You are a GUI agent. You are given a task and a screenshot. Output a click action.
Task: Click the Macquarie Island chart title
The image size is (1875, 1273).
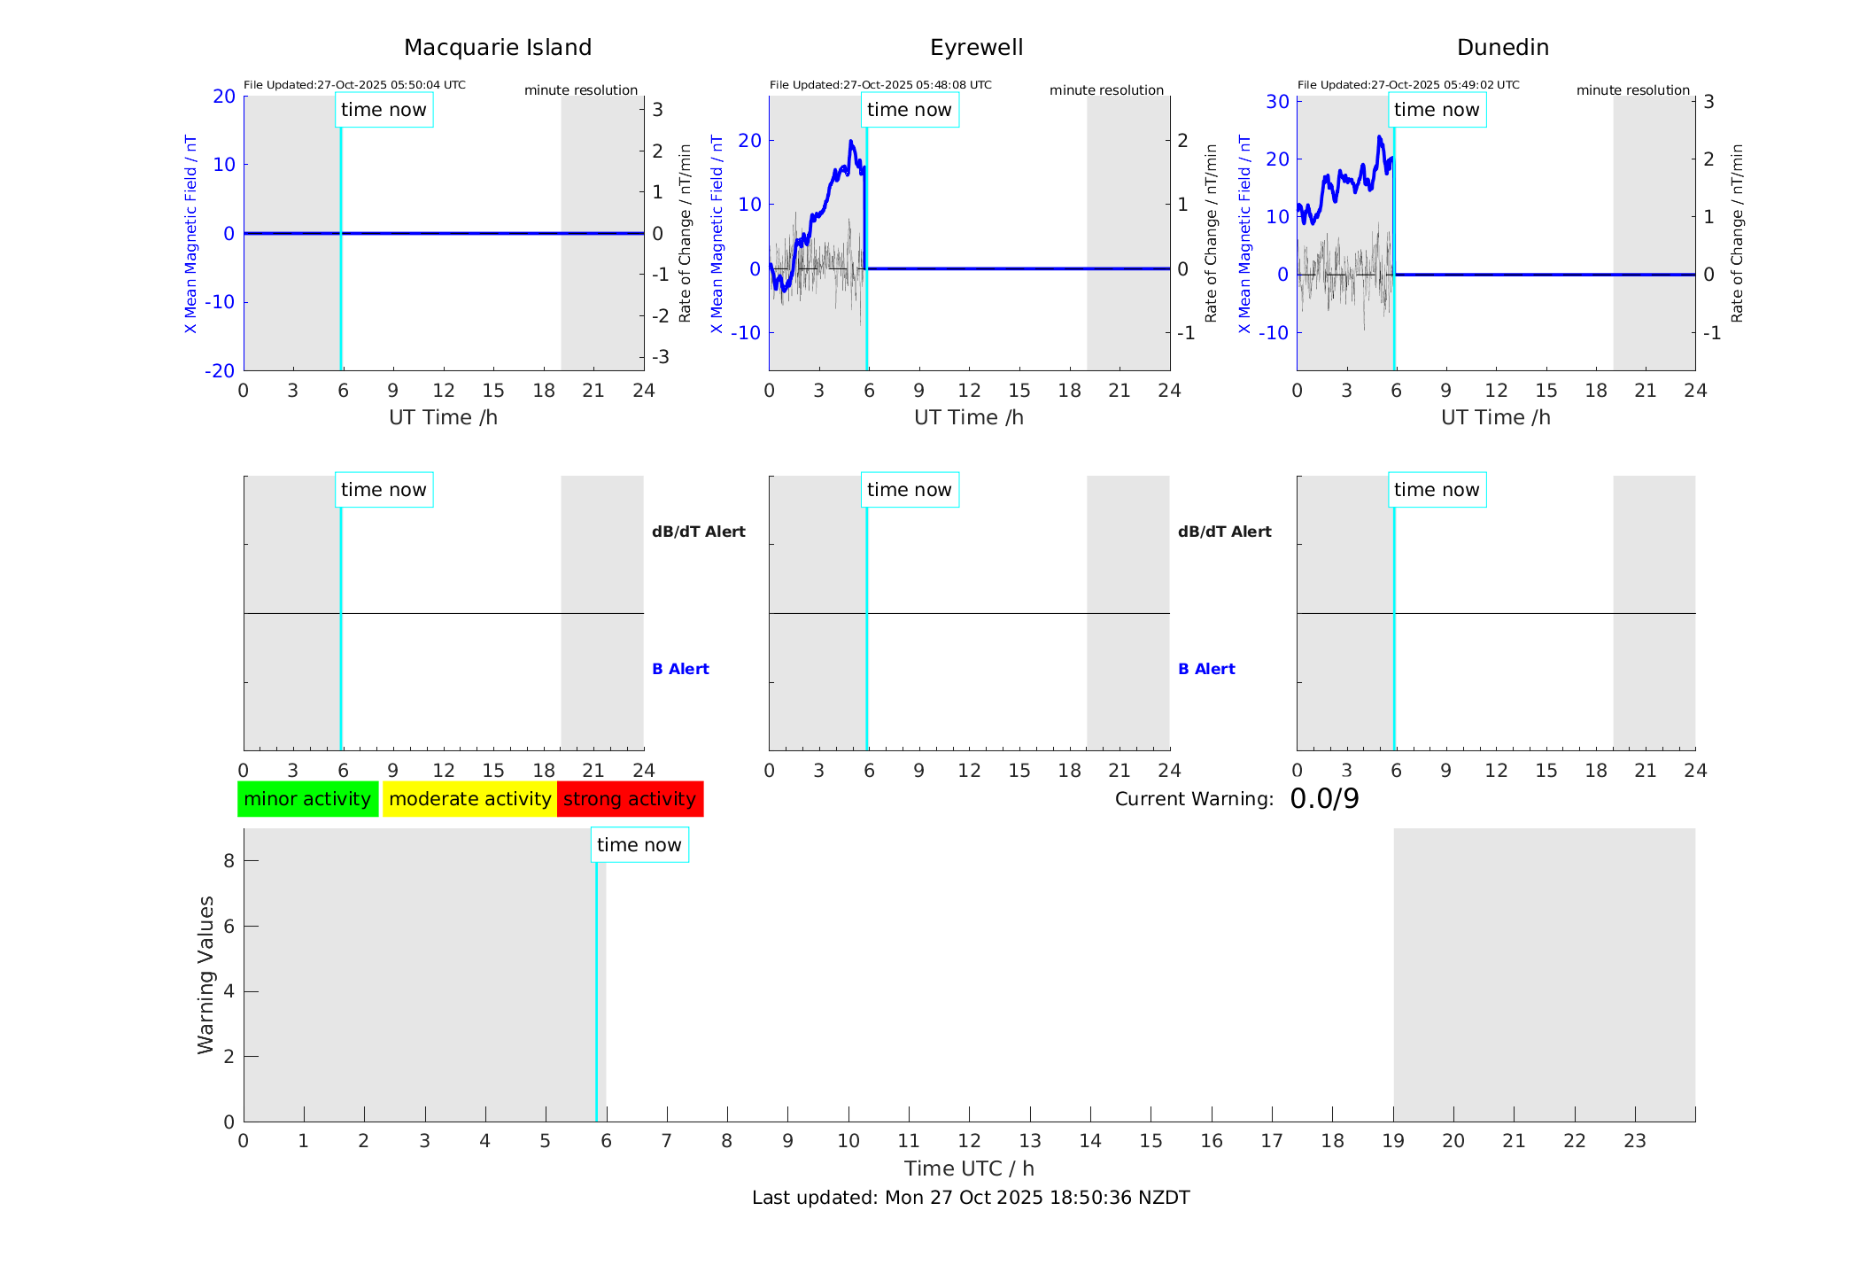(497, 48)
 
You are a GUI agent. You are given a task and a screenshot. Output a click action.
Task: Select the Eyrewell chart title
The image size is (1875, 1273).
(976, 48)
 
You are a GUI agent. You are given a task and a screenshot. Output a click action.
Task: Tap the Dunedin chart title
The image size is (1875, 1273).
(1502, 48)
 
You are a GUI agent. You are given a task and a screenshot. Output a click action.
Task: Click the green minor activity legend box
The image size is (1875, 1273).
(307, 799)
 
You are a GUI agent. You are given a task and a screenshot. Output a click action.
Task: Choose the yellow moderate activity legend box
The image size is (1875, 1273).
(469, 799)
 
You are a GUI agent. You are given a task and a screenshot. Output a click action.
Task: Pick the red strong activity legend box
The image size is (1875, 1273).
(630, 799)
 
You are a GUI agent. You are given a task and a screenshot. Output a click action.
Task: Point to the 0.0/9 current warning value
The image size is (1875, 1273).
(1324, 799)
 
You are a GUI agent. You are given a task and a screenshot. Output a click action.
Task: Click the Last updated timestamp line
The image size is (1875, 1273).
(971, 1198)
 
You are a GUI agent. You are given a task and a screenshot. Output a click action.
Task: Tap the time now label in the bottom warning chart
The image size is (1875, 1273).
(639, 845)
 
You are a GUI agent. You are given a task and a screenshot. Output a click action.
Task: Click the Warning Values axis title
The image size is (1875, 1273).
(205, 974)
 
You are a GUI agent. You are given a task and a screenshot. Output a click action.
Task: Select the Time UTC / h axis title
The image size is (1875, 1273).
(969, 1168)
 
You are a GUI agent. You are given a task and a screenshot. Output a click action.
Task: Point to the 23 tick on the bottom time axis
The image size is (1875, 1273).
(1634, 1141)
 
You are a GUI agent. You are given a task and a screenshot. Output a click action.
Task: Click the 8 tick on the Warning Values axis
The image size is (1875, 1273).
(229, 860)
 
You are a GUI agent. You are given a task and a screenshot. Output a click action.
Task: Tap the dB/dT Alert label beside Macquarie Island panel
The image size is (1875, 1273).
(698, 532)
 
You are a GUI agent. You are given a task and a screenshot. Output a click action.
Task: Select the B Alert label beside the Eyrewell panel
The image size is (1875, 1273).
(1206, 669)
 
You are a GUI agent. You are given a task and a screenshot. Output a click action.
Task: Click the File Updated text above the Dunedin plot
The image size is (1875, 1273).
(1408, 85)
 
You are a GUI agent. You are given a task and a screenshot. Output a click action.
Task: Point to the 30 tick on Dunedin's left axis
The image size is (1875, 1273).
(1277, 101)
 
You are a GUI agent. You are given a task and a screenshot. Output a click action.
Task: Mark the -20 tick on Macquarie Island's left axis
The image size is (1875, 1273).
(220, 370)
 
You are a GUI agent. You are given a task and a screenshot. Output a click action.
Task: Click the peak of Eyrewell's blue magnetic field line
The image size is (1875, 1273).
(850, 141)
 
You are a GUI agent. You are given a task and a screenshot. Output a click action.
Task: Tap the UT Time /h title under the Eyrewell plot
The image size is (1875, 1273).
(969, 417)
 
